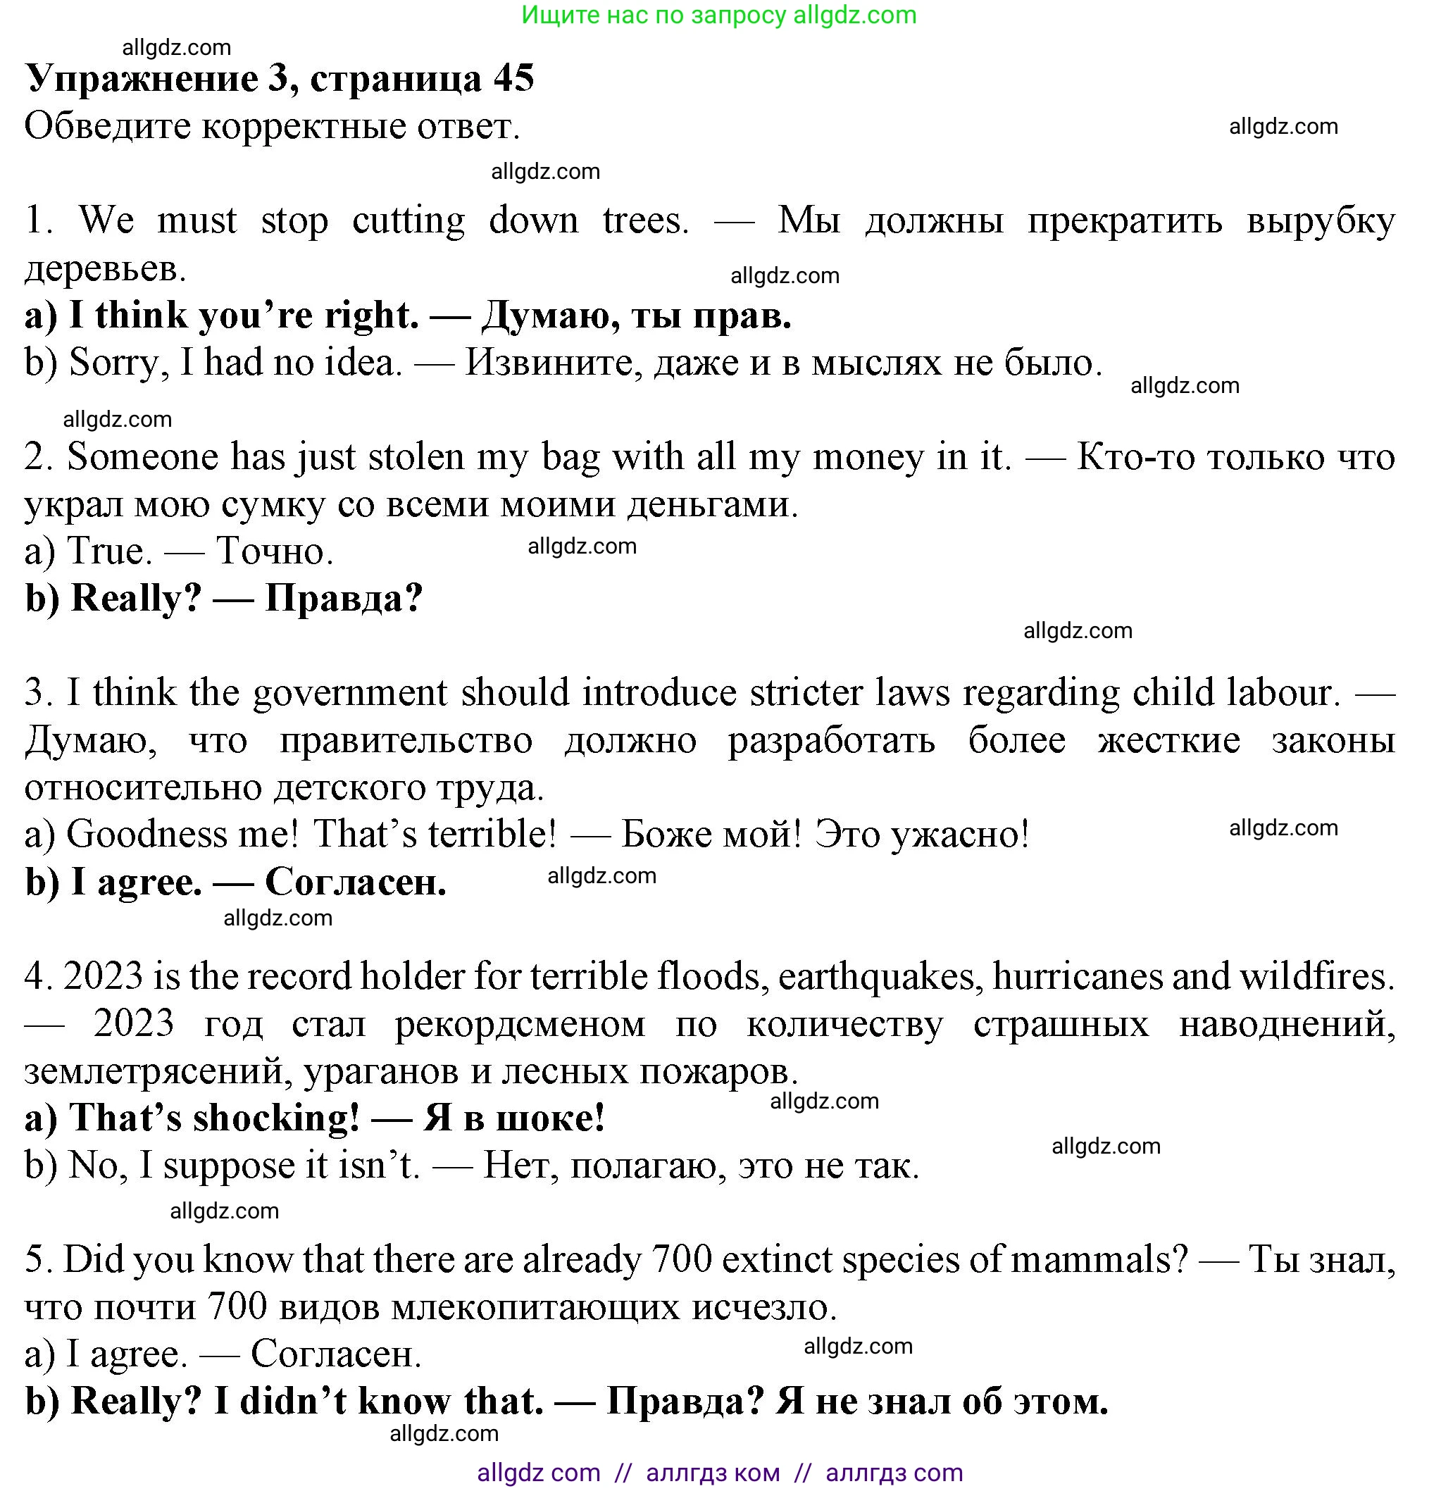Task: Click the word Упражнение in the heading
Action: (x=142, y=78)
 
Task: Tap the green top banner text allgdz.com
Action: (x=854, y=15)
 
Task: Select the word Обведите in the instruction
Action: (x=107, y=126)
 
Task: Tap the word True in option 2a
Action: (x=108, y=551)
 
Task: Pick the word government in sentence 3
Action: (x=350, y=693)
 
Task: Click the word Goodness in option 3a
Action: (x=146, y=835)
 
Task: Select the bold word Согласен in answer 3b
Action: (x=354, y=882)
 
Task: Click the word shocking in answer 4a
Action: (x=275, y=1118)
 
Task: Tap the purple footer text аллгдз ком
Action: (x=712, y=1473)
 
